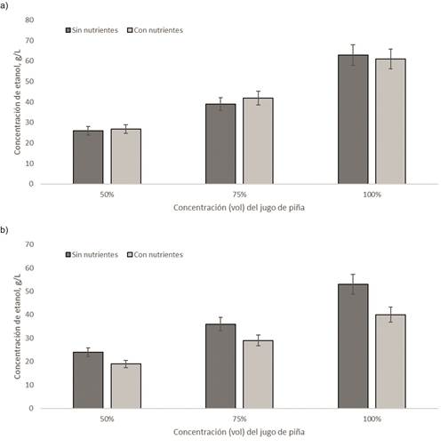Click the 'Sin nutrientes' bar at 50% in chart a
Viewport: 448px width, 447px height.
(x=88, y=157)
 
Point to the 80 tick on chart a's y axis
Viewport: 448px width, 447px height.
(x=55, y=20)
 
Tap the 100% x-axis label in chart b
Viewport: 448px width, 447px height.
(x=372, y=419)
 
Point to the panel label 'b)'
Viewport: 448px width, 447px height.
(x=7, y=229)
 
